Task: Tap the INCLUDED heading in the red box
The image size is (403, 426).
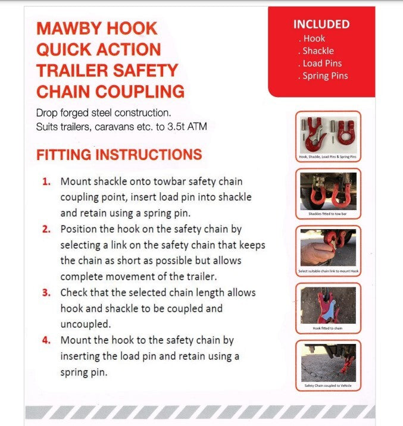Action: tap(321, 24)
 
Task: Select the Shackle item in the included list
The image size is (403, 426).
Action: tap(318, 51)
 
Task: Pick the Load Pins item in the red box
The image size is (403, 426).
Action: tap(321, 64)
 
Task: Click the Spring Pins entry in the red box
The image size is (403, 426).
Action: tap(324, 76)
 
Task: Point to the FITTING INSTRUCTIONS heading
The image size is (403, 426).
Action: tap(119, 155)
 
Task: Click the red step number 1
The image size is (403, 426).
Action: tap(46, 181)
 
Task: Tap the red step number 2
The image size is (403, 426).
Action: tap(46, 229)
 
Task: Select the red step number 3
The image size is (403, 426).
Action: tap(46, 293)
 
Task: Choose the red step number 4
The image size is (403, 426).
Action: tap(46, 341)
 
